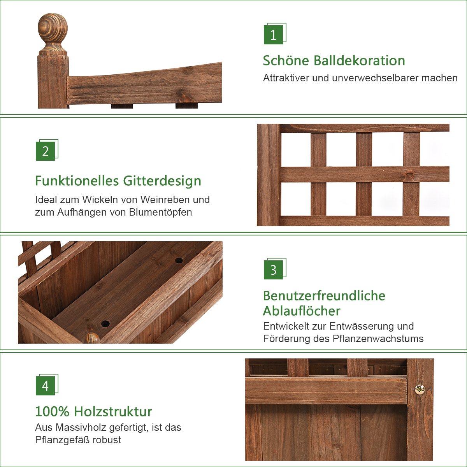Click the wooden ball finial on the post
point(53,33)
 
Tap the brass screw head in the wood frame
point(420,389)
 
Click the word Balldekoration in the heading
point(359,60)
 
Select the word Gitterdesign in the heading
point(162,181)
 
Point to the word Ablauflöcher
point(302,311)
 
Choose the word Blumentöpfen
point(160,212)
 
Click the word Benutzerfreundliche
point(324,296)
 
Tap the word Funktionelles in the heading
point(77,181)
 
